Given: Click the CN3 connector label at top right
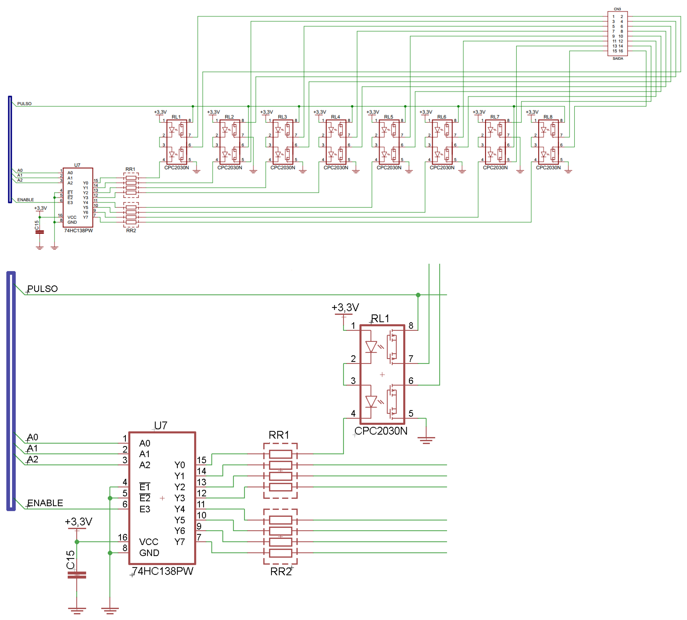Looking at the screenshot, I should click(x=617, y=9).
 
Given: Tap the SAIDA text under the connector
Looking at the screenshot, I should click(x=617, y=59).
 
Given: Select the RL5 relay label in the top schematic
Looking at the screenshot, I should click(x=389, y=117).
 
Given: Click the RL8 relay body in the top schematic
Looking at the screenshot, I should click(x=548, y=142).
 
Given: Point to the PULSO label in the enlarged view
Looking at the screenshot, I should click(x=43, y=289).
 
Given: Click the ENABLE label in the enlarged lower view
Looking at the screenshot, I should click(x=45, y=503).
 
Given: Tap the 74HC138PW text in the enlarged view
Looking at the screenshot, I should click(x=163, y=571).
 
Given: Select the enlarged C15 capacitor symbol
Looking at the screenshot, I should click(x=77, y=575).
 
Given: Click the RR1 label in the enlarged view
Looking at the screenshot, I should click(x=279, y=435).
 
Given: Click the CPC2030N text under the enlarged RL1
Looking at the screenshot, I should click(x=381, y=431).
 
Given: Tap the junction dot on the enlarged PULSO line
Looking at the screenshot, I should click(x=418, y=295).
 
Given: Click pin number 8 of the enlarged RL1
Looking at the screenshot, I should click(x=411, y=326).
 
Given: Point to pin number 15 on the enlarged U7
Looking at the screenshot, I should click(x=201, y=460).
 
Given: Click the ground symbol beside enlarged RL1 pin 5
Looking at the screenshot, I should click(x=426, y=439).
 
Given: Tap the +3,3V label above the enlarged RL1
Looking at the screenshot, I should click(x=345, y=308).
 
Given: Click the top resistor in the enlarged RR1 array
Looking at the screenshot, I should click(x=280, y=454).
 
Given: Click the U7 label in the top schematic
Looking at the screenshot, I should click(x=77, y=165).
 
